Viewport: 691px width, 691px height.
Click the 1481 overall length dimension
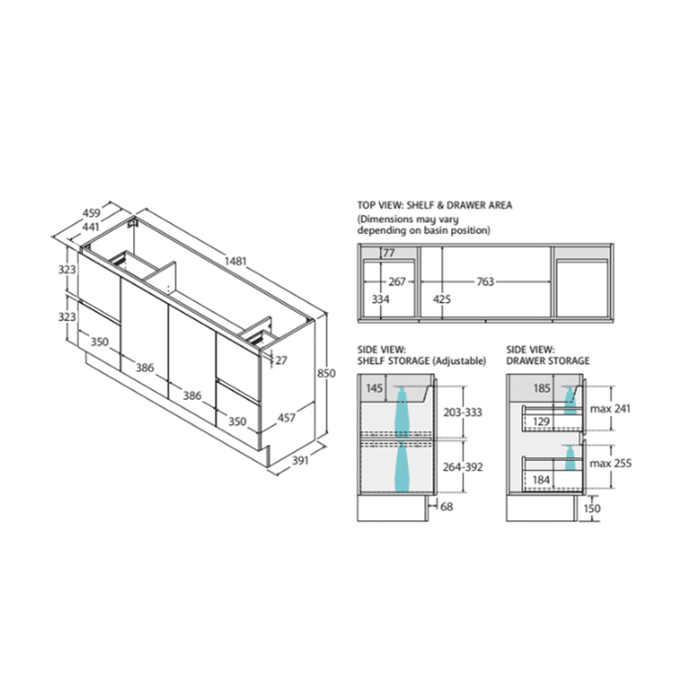coord(235,262)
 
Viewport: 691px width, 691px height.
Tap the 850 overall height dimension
coord(327,373)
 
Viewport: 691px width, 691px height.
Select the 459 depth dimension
coord(92,213)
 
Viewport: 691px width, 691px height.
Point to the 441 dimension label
coord(91,227)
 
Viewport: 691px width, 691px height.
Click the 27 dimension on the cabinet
coord(281,360)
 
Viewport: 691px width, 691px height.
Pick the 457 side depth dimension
coord(286,418)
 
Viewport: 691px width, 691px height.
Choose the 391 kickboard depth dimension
coord(300,461)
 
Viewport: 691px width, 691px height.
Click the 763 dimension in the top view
coord(486,281)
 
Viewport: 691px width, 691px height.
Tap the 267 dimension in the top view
coord(397,281)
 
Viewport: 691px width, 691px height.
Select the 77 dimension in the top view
coord(389,254)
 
